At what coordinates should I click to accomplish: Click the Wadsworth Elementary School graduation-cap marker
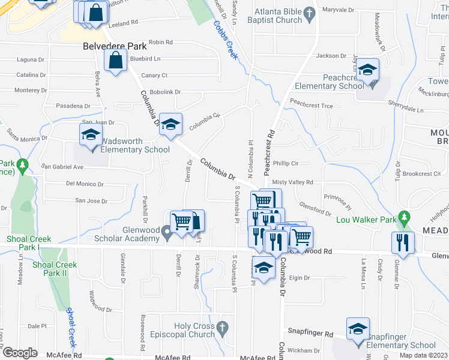[91, 134]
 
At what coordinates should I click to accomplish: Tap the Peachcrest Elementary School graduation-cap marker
[367, 70]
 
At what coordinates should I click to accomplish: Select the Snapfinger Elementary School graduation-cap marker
[358, 329]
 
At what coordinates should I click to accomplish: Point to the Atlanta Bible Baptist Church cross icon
[309, 13]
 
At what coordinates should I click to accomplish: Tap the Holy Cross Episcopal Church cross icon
[223, 328]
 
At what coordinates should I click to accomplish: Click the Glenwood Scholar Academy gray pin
[168, 234]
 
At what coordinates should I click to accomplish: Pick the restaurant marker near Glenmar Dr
[402, 242]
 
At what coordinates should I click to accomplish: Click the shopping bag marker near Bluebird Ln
[115, 61]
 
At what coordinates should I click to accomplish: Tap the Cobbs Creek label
[226, 40]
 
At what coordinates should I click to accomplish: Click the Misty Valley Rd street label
[292, 182]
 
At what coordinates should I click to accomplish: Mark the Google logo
[20, 353]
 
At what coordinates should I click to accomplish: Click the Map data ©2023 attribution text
[423, 355]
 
